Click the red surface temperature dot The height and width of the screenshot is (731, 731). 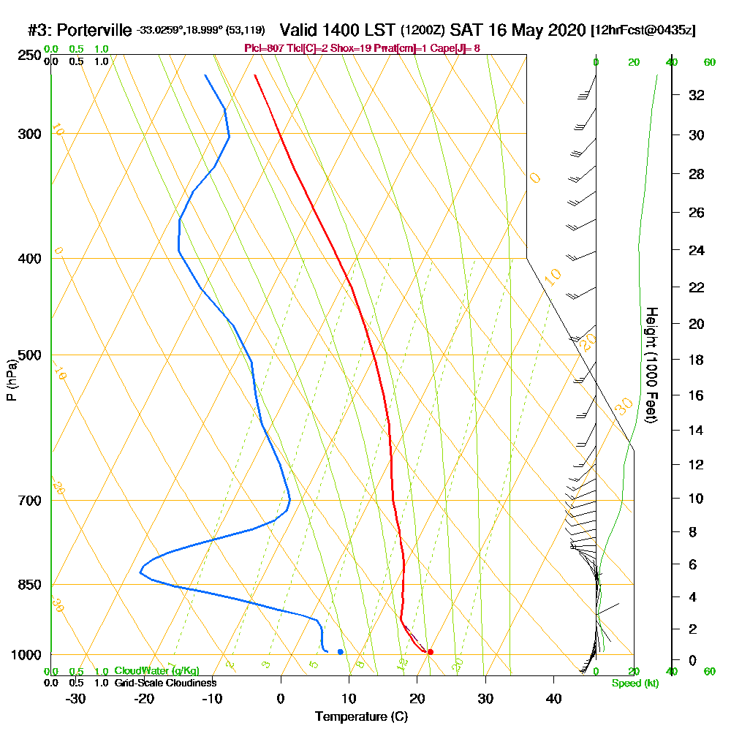430,651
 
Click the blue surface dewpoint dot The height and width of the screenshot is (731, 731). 341,651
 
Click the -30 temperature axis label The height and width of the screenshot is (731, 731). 75,698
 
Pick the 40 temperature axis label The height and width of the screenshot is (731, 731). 553,698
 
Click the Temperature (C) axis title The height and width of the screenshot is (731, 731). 361,717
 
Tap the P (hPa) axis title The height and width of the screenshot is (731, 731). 11,379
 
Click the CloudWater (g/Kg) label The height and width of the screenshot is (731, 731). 156,671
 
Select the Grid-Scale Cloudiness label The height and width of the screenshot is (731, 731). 164,683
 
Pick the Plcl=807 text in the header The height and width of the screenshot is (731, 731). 262,48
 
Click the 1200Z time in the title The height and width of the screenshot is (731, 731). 423,31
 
